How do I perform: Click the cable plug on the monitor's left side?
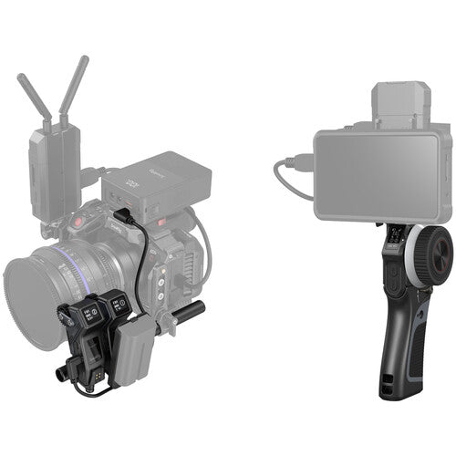coord(297,164)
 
